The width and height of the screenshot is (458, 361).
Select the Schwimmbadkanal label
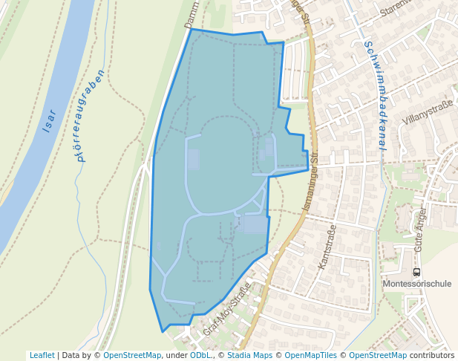coord(372,96)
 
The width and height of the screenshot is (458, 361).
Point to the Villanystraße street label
coord(427,112)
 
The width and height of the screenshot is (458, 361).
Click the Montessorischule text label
coord(416,284)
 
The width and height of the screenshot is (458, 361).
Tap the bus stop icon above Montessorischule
coord(416,273)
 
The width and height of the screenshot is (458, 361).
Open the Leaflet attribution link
coord(42,355)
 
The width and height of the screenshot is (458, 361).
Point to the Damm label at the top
coord(192,15)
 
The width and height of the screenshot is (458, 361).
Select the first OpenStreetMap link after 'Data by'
coord(132,355)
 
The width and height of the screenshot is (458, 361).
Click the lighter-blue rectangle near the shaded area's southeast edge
coord(255,224)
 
